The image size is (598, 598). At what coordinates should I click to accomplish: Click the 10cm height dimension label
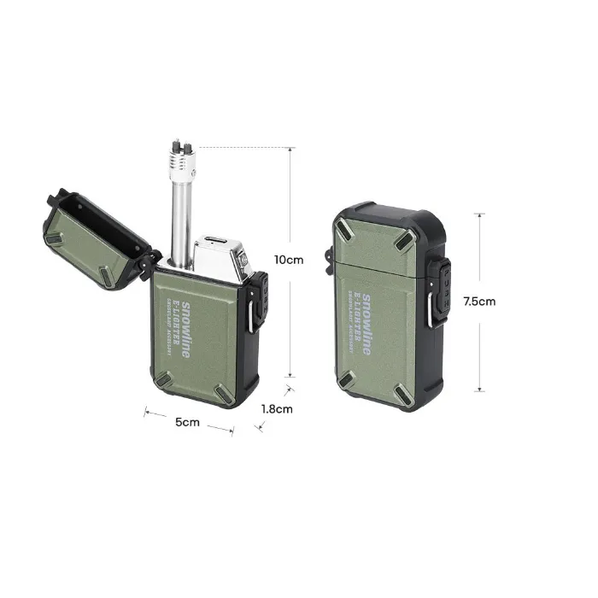coord(289,260)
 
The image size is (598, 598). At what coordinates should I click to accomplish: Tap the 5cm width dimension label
coord(188,422)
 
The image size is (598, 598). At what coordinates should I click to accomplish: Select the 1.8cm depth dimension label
coord(277,408)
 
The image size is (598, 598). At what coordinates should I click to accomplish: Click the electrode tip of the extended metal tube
coord(181,149)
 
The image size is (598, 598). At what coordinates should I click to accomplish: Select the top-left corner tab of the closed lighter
coord(348,229)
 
